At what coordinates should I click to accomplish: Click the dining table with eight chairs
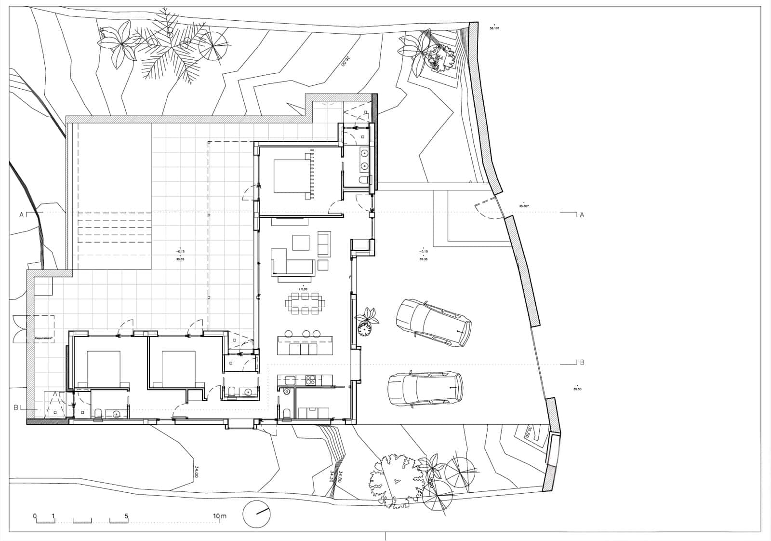pyautogui.click(x=305, y=303)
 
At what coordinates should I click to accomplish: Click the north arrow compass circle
pyautogui.click(x=256, y=514)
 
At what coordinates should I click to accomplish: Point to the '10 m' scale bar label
pyautogui.click(x=220, y=516)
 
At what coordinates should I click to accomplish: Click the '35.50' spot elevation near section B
pyautogui.click(x=577, y=389)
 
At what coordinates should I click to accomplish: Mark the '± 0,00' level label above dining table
pyautogui.click(x=303, y=289)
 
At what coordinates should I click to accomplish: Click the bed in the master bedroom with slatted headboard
pyautogui.click(x=291, y=176)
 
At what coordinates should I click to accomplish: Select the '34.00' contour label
pyautogui.click(x=197, y=471)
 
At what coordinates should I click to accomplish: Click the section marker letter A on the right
pyautogui.click(x=582, y=215)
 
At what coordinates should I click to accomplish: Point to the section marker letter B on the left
pyautogui.click(x=16, y=407)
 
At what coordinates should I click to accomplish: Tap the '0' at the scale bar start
pyautogui.click(x=35, y=516)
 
